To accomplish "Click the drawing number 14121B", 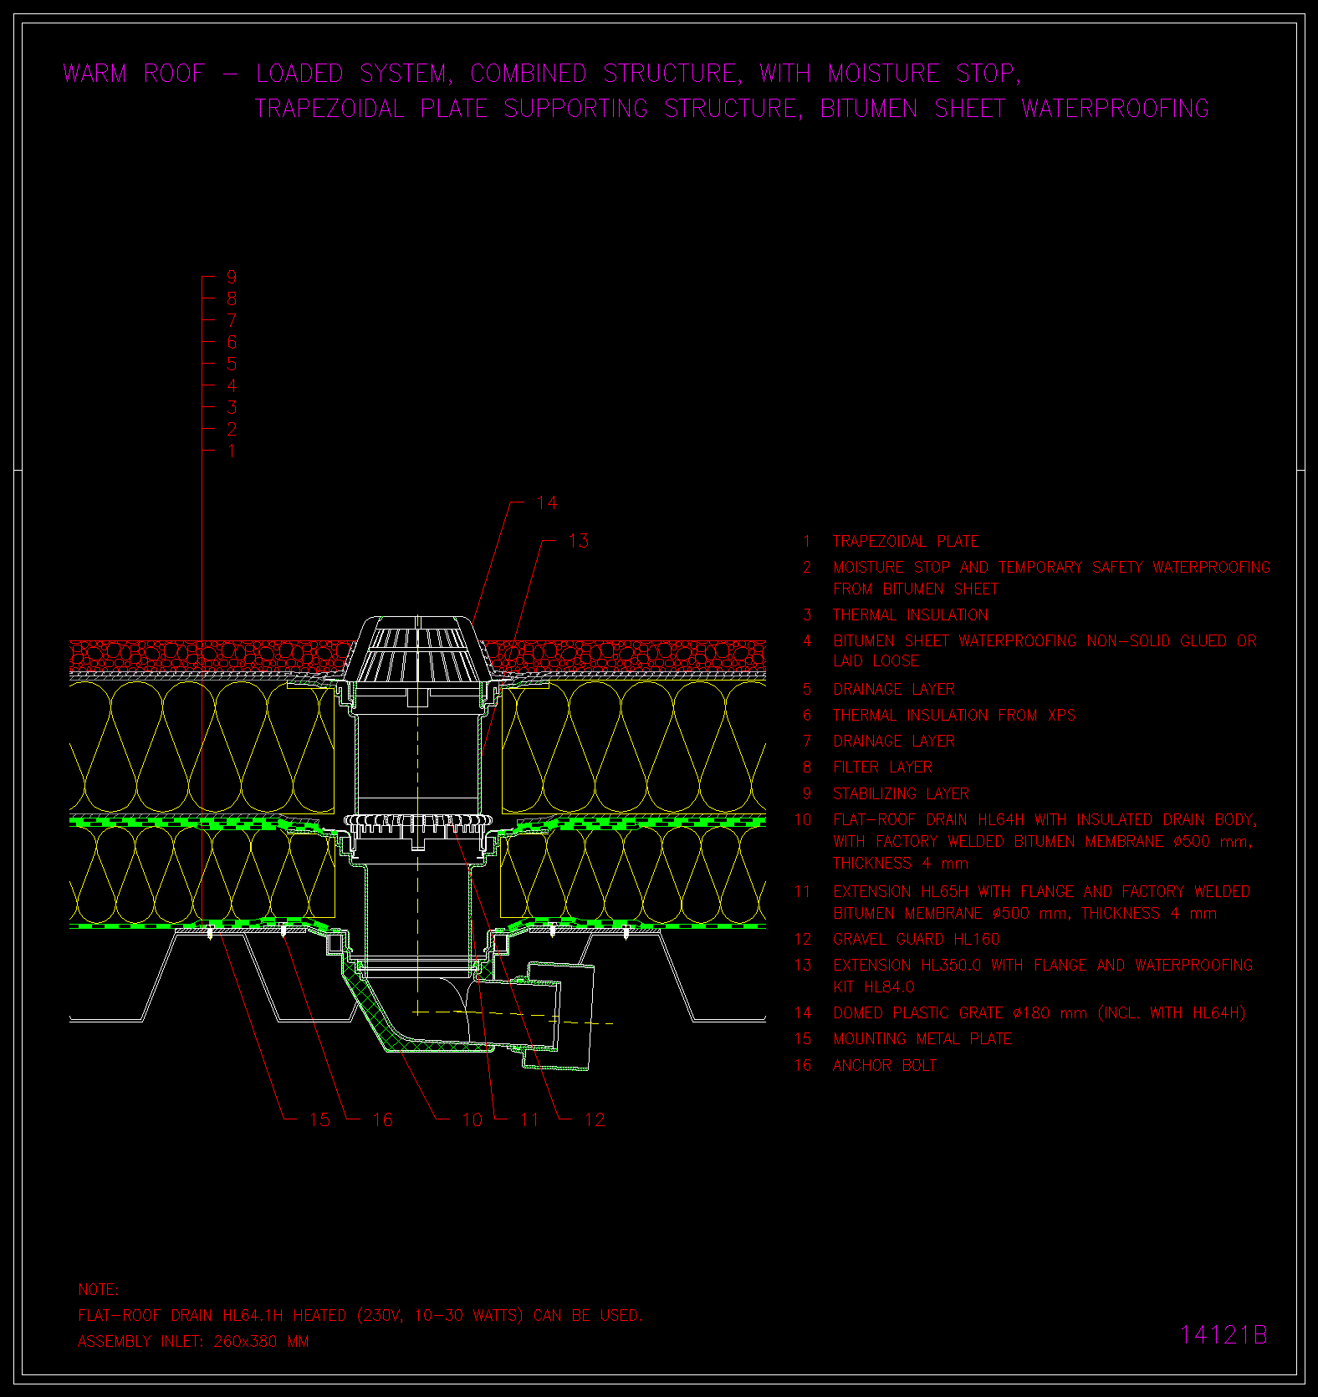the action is pos(1223,1335).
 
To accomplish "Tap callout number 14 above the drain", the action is pos(546,502).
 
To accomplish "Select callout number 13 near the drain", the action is pos(578,541).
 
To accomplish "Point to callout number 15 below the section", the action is pos(319,1119).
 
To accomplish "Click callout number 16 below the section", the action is pos(382,1119).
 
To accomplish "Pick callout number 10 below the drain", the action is pos(472,1119).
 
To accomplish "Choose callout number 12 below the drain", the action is pos(595,1119).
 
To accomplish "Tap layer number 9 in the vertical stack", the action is pos(232,277).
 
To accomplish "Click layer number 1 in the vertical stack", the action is pos(232,451).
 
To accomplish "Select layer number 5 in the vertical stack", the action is pos(232,364).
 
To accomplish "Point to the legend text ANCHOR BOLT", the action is pos(885,1065).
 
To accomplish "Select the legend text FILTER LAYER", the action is pos(882,767).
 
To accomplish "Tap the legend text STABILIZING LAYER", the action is pos(901,793).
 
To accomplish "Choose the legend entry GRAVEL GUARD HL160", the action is pos(916,939).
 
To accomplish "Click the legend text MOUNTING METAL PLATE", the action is pos(922,1038).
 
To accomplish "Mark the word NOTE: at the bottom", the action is pos(99,1290).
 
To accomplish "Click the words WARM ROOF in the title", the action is pos(134,74).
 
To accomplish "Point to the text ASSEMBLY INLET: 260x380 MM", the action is pos(193,1342).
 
